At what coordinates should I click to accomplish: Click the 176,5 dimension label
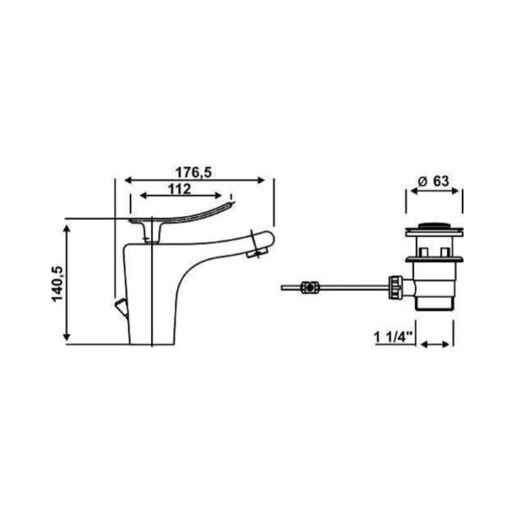pos(193,172)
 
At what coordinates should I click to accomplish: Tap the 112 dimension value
pos(180,189)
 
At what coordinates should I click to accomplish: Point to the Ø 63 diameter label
pos(433,181)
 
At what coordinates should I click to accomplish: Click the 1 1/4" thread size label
pos(393,338)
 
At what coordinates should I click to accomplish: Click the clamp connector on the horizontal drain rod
pos(310,288)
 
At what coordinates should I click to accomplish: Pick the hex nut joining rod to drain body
pos(395,288)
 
